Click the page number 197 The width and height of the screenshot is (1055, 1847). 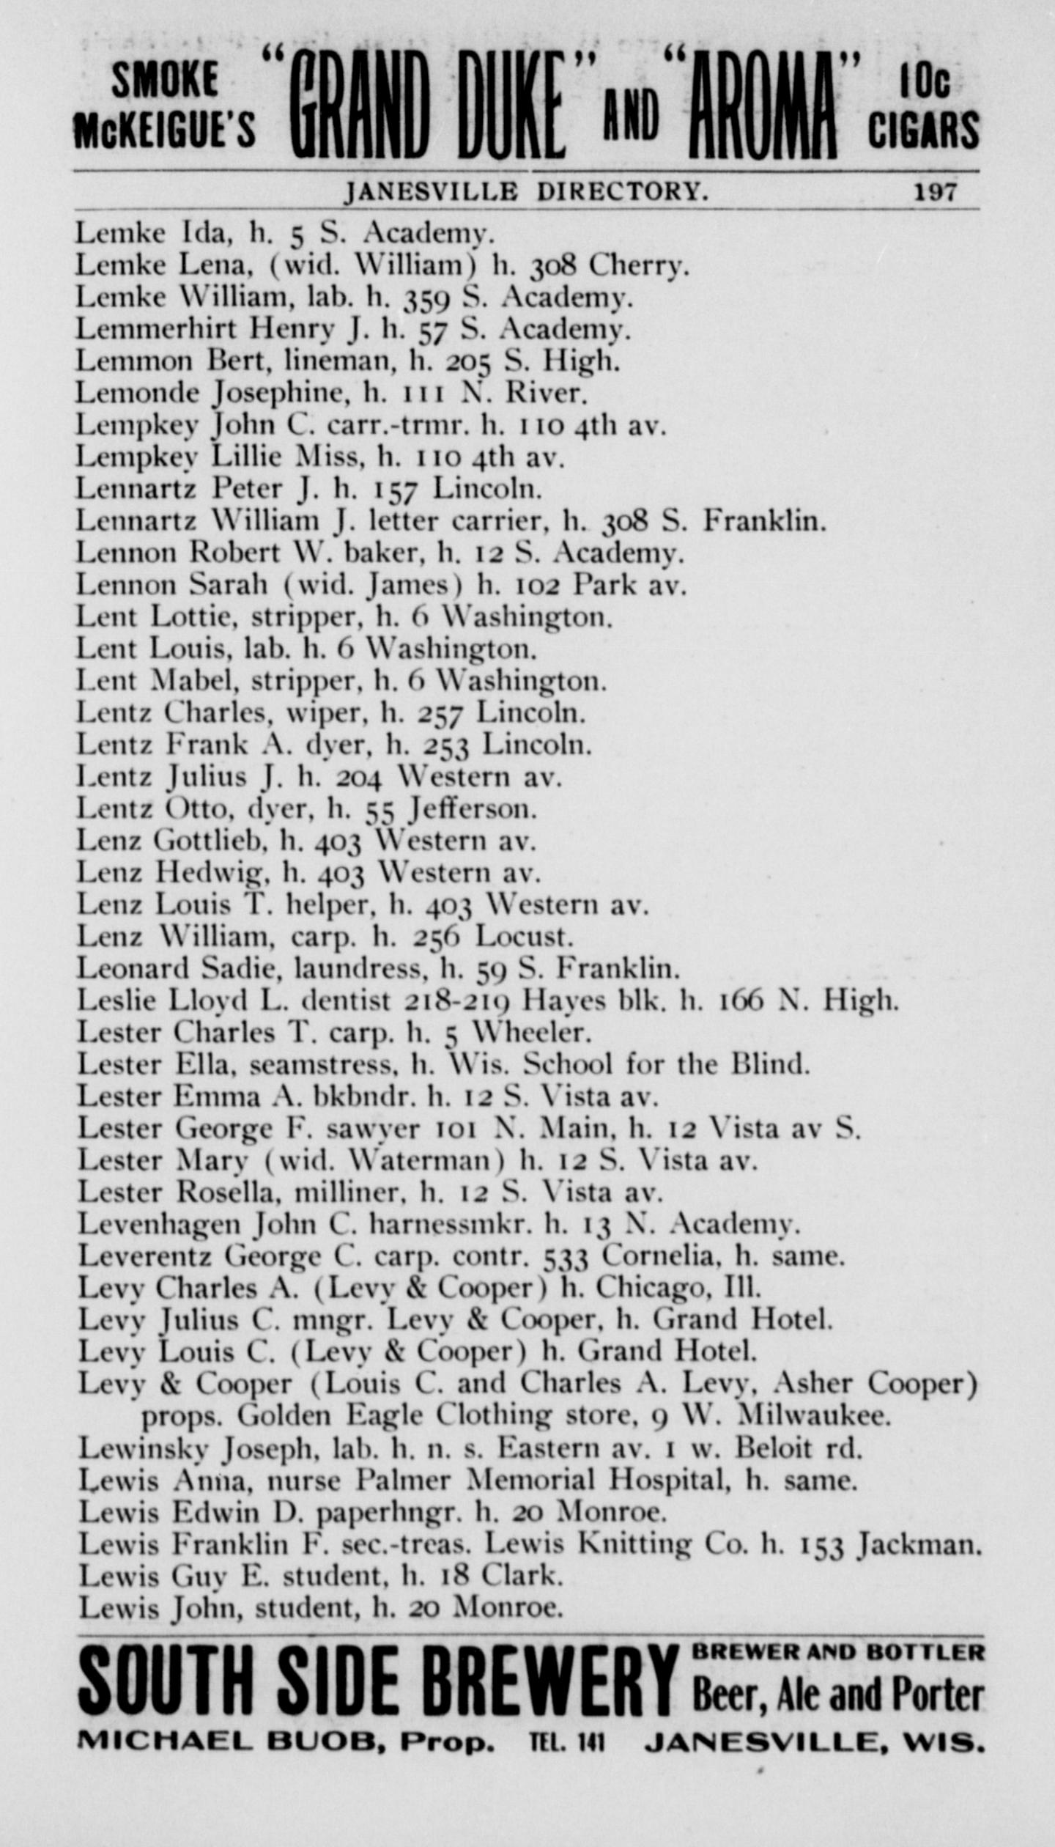pos(935,192)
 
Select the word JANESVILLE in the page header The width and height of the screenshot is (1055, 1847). pos(432,192)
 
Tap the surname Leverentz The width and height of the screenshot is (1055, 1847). pos(145,1257)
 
